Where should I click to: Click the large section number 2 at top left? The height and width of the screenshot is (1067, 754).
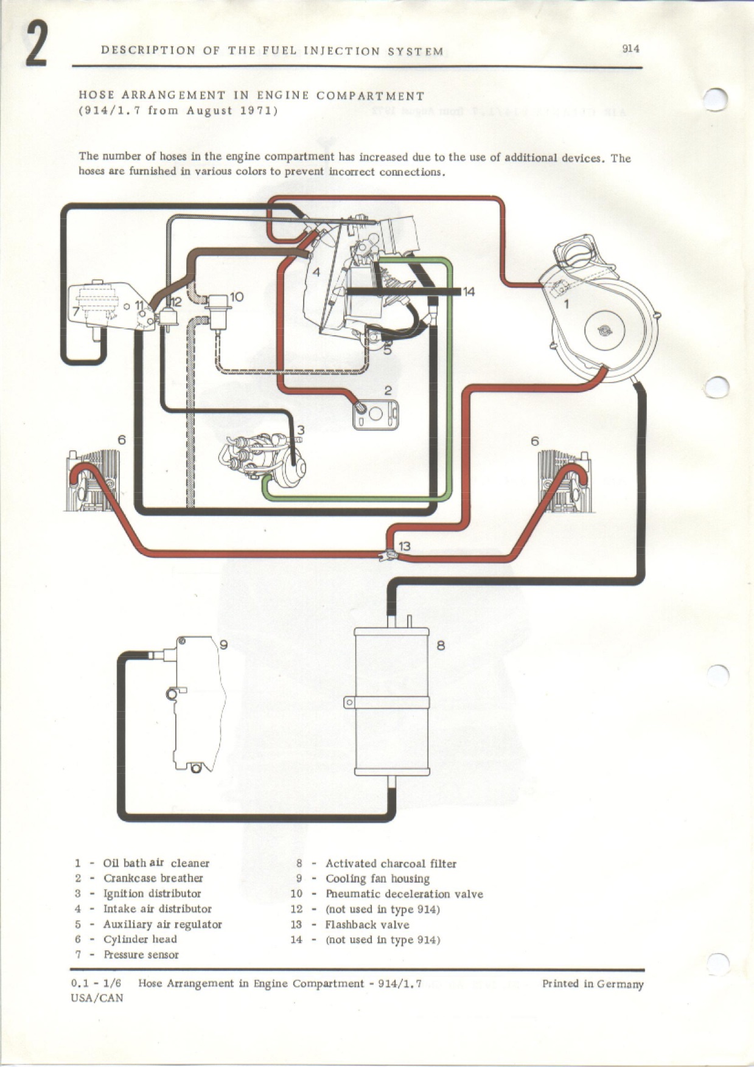[36, 46]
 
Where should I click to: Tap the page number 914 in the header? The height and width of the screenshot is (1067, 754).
[630, 49]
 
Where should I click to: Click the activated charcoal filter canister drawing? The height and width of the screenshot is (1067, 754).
[392, 700]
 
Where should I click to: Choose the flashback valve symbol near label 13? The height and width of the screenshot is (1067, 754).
[384, 554]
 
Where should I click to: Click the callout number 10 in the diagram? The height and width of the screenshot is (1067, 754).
[237, 296]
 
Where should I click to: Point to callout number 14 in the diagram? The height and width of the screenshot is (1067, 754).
[469, 291]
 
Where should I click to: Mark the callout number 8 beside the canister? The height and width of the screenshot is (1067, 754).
[441, 645]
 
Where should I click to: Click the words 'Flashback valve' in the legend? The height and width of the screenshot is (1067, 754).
[367, 925]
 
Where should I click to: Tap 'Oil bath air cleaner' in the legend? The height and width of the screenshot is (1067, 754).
[156, 863]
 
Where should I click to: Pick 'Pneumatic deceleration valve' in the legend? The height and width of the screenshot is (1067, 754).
[404, 894]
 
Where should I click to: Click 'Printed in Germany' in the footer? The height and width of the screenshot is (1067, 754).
[592, 984]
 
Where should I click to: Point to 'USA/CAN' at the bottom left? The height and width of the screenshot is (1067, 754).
[97, 998]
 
